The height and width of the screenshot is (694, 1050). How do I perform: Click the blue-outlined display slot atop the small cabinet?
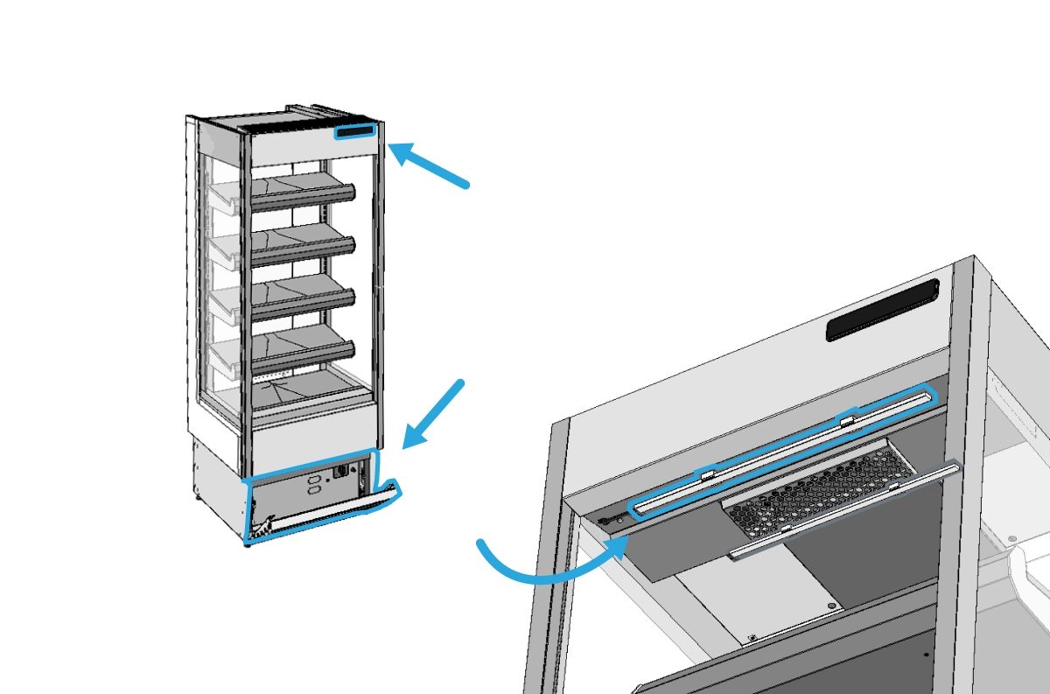pos(355,132)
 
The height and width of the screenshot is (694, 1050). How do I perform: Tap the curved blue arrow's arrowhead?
pos(618,547)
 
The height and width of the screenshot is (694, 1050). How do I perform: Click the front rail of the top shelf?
pos(303,197)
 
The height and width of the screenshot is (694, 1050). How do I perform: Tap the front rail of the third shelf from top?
pos(303,301)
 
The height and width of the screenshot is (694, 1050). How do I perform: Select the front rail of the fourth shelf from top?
pos(303,353)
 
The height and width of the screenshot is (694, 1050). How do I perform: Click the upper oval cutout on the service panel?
pos(314,480)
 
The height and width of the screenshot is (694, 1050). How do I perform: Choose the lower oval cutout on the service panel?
pos(314,494)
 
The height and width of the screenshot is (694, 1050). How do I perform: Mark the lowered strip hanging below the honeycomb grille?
pos(844,512)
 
